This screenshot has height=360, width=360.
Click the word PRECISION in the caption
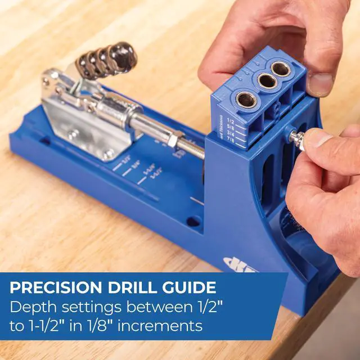pos(53,288)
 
